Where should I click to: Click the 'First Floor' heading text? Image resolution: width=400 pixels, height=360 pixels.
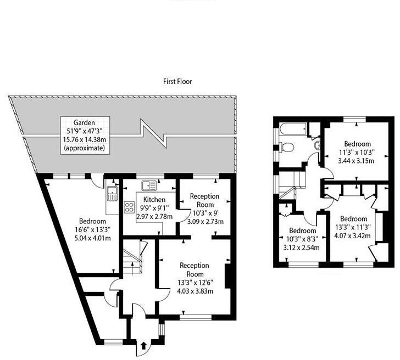177,81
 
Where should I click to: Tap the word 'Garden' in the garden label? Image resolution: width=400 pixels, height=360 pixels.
85,122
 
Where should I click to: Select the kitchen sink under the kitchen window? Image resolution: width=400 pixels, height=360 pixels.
148,186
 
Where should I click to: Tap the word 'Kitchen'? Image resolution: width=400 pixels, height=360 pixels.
155,199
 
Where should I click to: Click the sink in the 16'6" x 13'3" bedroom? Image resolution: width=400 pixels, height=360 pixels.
112,193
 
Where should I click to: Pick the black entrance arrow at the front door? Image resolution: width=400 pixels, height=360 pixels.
144,346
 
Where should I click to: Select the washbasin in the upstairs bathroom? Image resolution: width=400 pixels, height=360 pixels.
318,145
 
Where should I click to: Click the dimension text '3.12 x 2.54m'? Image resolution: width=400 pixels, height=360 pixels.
301,247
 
